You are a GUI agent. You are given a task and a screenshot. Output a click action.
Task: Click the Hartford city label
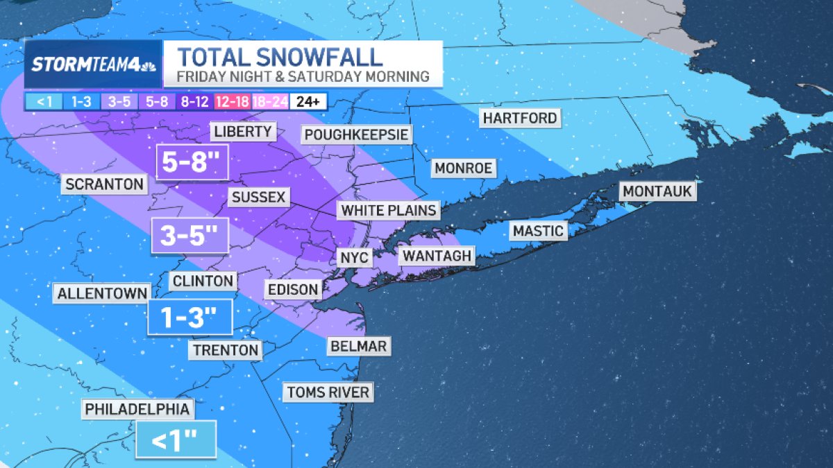click(520, 119)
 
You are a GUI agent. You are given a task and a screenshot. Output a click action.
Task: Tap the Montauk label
click(658, 191)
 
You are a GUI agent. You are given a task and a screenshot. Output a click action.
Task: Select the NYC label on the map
click(355, 258)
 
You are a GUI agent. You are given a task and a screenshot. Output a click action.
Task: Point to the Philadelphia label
click(137, 410)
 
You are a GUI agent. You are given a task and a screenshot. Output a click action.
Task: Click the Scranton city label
click(105, 184)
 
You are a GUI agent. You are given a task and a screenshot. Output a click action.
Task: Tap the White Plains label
click(389, 210)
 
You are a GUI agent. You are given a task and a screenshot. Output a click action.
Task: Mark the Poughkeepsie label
click(356, 135)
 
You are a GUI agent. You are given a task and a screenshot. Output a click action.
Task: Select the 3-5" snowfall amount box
click(190, 235)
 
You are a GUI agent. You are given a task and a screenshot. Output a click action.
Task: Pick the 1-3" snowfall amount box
click(190, 318)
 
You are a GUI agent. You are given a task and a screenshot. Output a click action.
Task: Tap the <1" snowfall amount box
click(176, 440)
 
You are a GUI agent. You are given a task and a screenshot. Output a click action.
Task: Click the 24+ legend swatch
click(308, 102)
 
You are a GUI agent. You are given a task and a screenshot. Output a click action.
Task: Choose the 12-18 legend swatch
click(231, 102)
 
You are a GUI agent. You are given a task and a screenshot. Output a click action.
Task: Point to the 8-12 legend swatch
click(195, 102)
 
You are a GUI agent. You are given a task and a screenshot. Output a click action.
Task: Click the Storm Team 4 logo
click(93, 64)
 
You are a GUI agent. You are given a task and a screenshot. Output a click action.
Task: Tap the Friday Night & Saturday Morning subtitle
click(303, 77)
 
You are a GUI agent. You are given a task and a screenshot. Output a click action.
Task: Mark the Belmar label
click(358, 346)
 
